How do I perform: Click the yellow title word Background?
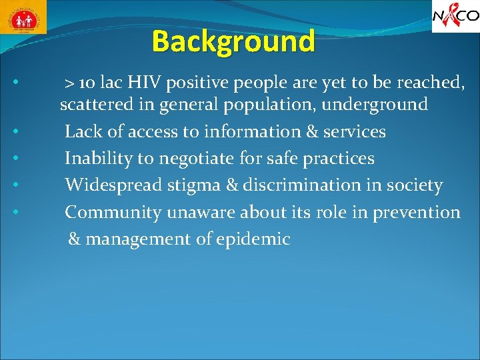point(233,41)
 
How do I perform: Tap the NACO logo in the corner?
point(455,17)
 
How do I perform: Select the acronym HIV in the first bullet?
point(142,83)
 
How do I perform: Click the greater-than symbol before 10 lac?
point(69,83)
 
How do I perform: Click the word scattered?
point(93,105)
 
